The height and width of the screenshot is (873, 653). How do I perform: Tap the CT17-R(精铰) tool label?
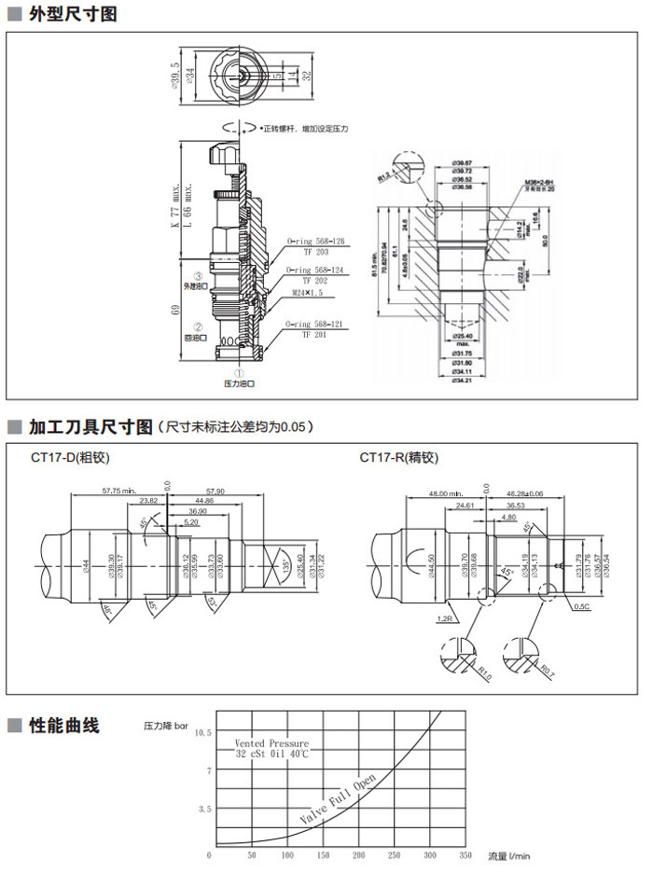pos(398,457)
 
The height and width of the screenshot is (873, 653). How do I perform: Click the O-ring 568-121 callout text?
pos(316,324)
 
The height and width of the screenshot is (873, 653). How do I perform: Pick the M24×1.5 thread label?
pos(309,292)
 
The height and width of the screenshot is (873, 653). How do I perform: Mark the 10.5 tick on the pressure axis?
pos(203,733)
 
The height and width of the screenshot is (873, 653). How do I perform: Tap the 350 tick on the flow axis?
pos(465,854)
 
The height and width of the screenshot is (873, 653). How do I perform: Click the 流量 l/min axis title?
pos(508,854)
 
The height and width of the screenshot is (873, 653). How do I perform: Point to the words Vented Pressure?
pos(271,743)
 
